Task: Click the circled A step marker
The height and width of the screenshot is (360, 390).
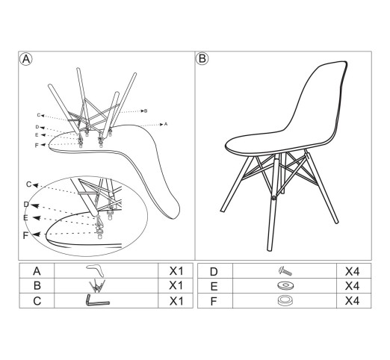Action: point(26,59)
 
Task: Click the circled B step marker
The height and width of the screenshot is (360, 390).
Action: point(202,59)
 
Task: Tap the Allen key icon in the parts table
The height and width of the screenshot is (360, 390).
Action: point(97,300)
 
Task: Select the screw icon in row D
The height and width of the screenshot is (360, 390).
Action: point(285,271)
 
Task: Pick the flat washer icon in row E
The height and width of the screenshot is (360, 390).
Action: point(285,285)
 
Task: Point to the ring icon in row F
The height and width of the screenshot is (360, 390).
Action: point(285,300)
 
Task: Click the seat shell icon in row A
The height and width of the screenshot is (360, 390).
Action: point(96,271)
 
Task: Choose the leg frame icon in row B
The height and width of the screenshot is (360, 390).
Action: point(97,286)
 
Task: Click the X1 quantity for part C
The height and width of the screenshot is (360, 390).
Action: point(176,301)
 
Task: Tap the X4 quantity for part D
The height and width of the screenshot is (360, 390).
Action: point(352,272)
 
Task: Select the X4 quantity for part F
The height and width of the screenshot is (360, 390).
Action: point(352,301)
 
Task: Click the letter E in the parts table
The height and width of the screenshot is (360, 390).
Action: point(214,287)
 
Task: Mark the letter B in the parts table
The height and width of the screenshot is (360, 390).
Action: point(37,286)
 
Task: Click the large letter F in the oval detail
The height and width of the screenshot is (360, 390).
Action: point(25,235)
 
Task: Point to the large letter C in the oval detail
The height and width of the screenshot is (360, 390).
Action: point(29,184)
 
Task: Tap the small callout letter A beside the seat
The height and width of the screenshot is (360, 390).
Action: point(166,124)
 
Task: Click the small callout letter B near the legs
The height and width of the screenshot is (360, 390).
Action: point(146,111)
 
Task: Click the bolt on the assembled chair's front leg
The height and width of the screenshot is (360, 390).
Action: point(274,198)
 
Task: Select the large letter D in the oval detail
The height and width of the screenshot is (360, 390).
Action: point(26,205)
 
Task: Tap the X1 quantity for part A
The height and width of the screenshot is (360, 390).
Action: point(176,271)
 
